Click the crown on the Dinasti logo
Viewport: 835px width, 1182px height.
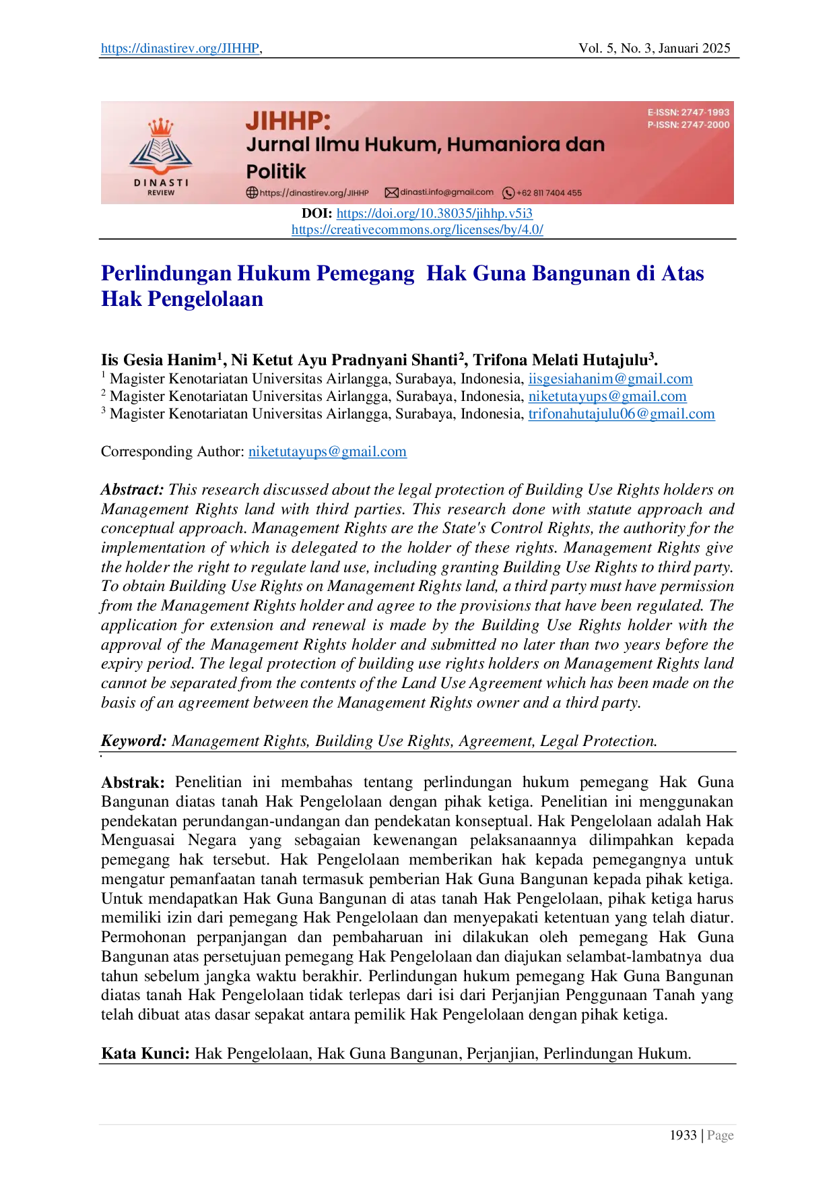coord(160,126)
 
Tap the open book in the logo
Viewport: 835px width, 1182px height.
coord(160,152)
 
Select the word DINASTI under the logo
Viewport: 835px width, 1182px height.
coord(161,183)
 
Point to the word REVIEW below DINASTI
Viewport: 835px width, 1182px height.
coord(161,193)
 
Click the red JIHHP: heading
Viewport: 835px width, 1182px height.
coord(288,121)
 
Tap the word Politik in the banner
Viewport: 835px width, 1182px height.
coord(275,171)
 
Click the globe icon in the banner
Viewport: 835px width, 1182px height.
coord(252,193)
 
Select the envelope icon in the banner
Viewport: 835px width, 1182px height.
coord(391,193)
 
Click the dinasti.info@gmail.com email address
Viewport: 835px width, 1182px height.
coord(446,192)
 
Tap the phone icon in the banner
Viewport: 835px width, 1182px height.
coord(508,193)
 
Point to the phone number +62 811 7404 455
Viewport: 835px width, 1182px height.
coord(549,193)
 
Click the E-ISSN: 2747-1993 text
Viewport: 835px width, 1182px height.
coord(688,113)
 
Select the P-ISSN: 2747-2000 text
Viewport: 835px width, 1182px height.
coord(688,125)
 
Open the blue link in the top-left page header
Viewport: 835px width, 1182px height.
coord(179,49)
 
